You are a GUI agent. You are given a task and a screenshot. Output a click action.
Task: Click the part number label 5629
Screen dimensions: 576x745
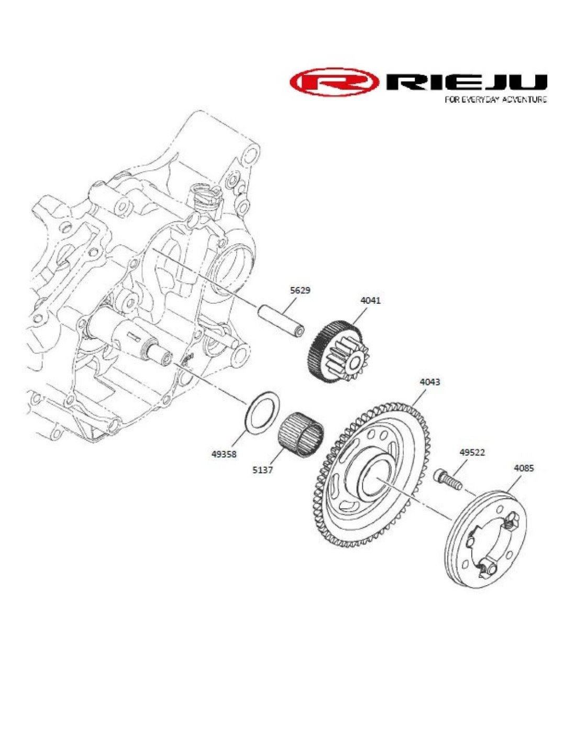(x=300, y=291)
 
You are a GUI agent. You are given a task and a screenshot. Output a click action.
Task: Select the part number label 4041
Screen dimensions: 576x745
(x=370, y=301)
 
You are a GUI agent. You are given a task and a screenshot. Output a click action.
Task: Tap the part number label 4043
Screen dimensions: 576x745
(x=430, y=382)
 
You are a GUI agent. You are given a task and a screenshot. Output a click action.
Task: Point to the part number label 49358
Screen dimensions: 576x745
(x=224, y=455)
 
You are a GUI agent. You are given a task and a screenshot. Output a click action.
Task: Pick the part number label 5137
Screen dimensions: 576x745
(x=263, y=470)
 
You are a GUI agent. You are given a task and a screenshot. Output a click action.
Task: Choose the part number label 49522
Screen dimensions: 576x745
(x=472, y=453)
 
